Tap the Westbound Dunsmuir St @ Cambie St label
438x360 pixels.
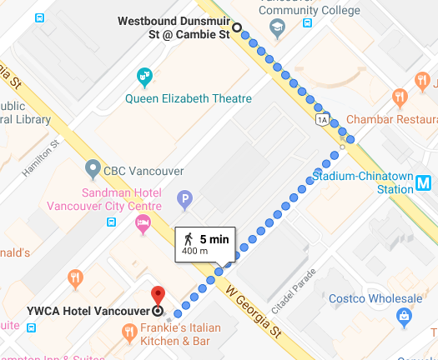pyautogui.click(x=173, y=27)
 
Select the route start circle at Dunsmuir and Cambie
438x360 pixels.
pyautogui.click(x=237, y=27)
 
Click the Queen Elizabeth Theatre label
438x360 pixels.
pyautogui.click(x=188, y=98)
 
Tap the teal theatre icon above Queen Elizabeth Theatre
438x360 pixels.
pyautogui.click(x=145, y=77)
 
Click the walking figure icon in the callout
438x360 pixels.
pyautogui.click(x=188, y=238)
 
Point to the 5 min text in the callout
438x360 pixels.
pyautogui.click(x=214, y=238)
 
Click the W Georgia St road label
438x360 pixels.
pyautogui.click(x=254, y=313)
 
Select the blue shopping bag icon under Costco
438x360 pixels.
pyautogui.click(x=405, y=316)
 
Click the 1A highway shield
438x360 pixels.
pyautogui.click(x=322, y=119)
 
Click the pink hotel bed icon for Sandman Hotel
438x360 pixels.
pyautogui.click(x=143, y=222)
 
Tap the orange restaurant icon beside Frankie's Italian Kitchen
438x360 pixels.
pyautogui.click(x=128, y=333)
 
